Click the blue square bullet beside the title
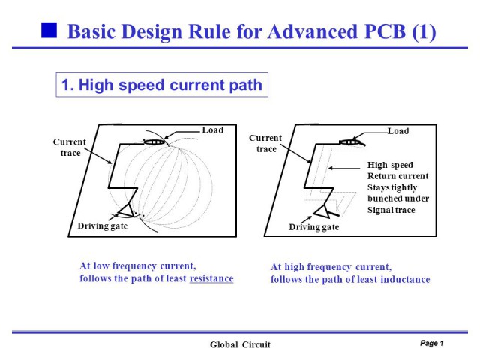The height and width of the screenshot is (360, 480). coord(49,31)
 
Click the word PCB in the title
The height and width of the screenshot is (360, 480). coord(385,31)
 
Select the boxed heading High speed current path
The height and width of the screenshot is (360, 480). coord(162,85)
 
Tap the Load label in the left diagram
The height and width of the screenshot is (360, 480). coord(213,130)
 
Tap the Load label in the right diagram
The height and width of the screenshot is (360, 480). coord(398,131)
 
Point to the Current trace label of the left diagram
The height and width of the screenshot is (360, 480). coord(70,147)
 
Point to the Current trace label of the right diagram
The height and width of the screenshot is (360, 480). coord(265,143)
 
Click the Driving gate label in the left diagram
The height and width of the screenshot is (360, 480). coord(103,226)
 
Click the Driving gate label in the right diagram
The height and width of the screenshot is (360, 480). coord(314,227)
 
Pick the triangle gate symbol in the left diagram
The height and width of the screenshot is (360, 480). coord(126,210)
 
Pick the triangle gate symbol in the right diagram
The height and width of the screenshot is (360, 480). coord(322,211)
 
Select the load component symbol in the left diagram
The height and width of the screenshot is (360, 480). coord(154,142)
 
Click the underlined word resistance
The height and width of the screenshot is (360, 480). coord(211,278)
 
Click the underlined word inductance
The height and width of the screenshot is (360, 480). coord(405,280)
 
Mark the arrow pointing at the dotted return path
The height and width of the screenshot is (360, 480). coord(344,168)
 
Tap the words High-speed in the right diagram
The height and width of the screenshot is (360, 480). coord(390,165)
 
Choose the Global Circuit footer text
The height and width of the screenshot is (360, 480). coord(240,345)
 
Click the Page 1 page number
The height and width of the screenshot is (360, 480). coord(432,343)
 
